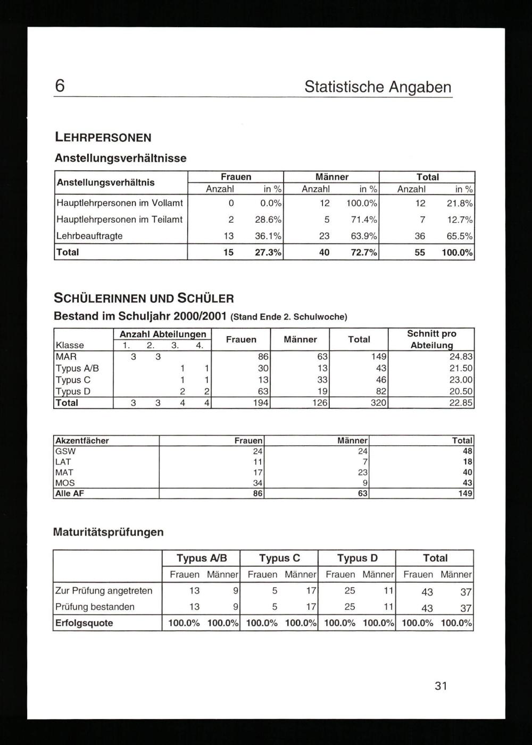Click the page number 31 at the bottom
click(440, 686)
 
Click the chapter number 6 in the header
click(60, 86)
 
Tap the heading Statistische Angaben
click(378, 87)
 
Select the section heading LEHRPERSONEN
click(103, 137)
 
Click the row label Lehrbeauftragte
click(89, 236)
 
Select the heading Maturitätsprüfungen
click(109, 532)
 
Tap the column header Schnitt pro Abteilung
click(431, 339)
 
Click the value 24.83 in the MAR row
click(461, 356)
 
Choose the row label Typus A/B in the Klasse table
click(77, 368)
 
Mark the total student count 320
click(378, 403)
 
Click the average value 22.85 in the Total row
click(461, 403)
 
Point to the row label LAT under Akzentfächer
click(63, 462)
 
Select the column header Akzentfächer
click(82, 440)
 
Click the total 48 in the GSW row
click(467, 451)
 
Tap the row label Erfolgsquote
click(84, 623)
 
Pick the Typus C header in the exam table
click(279, 558)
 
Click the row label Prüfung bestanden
click(95, 607)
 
